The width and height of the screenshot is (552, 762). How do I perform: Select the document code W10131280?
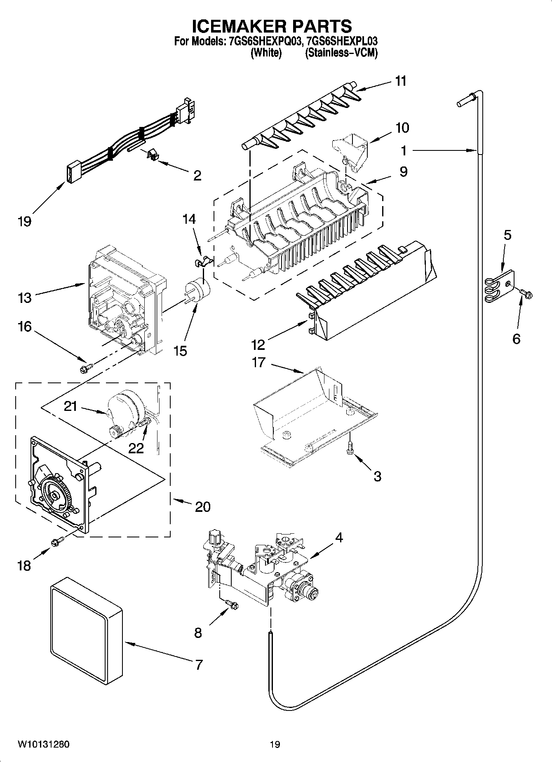pos(43,744)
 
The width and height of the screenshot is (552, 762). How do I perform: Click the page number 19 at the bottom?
pos(275,744)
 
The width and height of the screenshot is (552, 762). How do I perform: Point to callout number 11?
pos(400,81)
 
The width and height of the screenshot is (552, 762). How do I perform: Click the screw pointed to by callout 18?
pos(56,542)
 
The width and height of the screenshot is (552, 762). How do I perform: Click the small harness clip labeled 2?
pos(153,156)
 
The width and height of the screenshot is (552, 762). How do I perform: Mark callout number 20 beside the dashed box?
pos(202,506)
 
